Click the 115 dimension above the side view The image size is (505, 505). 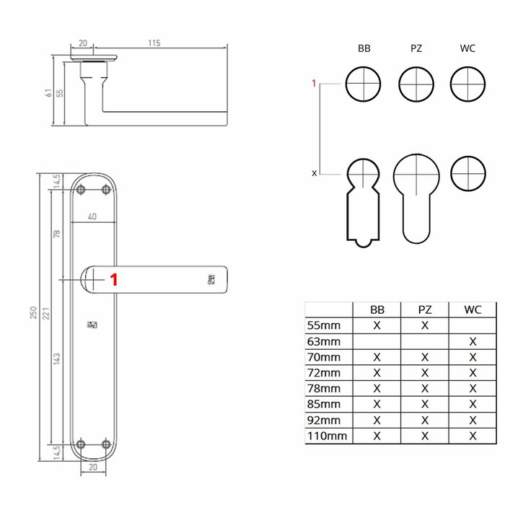point(154,43)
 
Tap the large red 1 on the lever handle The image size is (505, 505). point(113,279)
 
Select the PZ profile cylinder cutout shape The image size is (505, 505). point(416,196)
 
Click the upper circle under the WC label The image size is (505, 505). point(467,84)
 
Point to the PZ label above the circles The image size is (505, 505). point(416,48)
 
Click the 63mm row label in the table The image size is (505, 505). point(324,341)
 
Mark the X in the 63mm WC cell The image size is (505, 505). point(473,341)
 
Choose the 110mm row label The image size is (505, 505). point(327,436)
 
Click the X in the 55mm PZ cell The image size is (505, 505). point(425,325)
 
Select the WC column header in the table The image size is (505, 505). point(473,309)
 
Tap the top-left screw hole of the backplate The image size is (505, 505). point(80,189)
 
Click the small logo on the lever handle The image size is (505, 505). point(211,279)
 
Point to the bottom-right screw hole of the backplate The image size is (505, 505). point(107,444)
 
